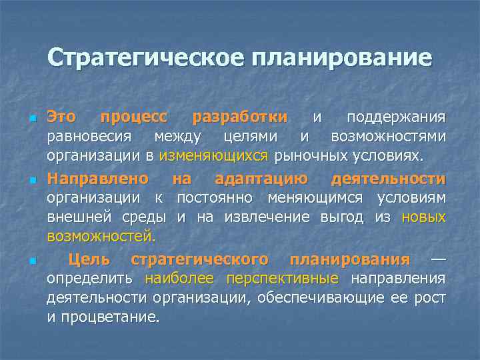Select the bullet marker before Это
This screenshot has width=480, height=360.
coord(31,119)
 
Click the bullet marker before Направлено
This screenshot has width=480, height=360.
coord(31,181)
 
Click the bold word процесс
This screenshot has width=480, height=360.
coord(133,117)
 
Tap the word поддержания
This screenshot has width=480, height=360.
coord(396,117)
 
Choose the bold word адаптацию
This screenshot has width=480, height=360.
coord(261,179)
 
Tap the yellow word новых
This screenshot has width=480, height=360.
coord(424,217)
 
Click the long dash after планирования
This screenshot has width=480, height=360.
coord(438,259)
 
